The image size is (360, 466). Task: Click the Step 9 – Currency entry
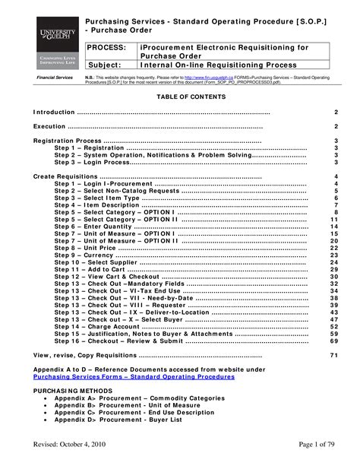pos(85,255)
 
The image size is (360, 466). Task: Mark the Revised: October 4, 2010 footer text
pos(73,445)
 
